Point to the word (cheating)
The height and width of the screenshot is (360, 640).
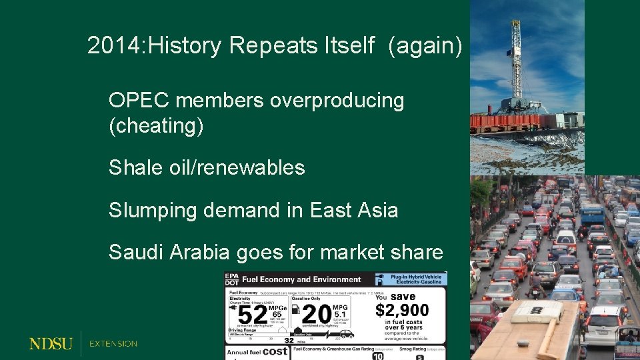[x=156, y=125]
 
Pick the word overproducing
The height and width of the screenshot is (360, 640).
[x=337, y=101]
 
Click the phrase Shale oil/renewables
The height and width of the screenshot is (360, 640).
[x=207, y=167]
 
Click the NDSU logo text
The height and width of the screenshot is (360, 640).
[x=51, y=344]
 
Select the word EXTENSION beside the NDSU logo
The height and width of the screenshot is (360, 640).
[x=113, y=344]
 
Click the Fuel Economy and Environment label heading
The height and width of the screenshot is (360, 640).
[x=301, y=279]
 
